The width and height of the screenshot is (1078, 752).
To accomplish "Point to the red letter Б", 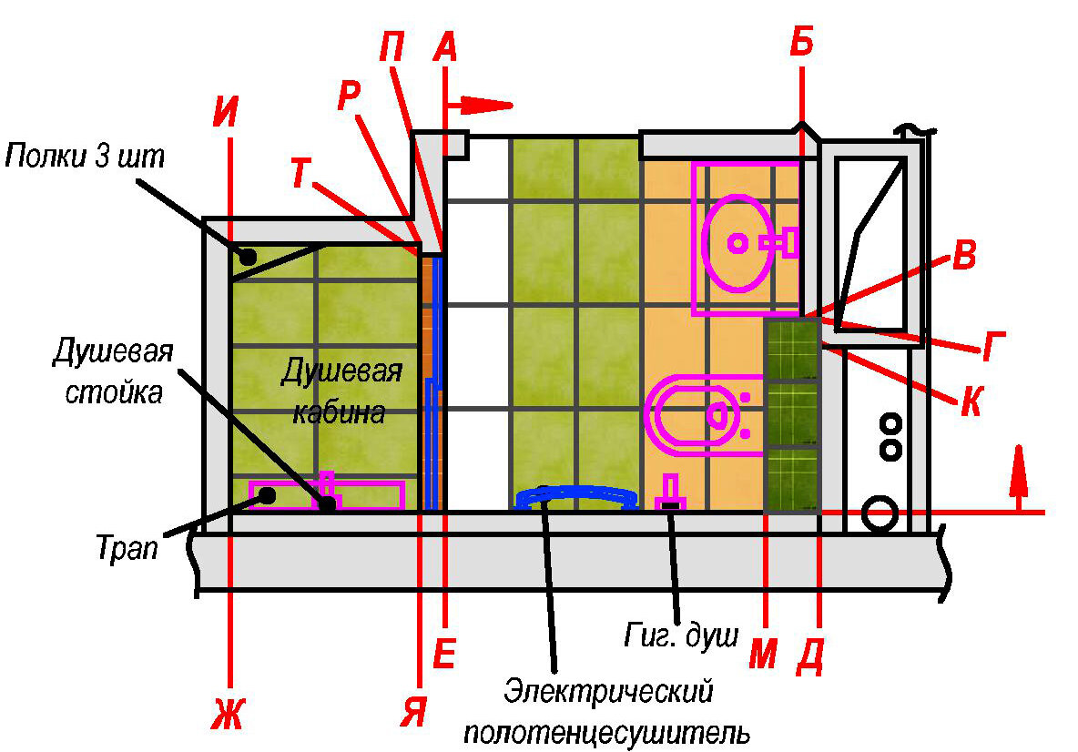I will click(x=801, y=42).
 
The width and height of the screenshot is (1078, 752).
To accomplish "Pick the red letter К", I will click(x=971, y=401).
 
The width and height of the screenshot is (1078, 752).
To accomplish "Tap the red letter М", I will click(x=763, y=654).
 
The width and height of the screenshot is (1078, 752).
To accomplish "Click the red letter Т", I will click(x=303, y=172).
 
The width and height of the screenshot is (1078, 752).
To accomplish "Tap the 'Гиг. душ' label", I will click(x=681, y=635).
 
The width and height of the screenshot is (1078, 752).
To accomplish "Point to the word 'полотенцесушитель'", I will click(x=607, y=731).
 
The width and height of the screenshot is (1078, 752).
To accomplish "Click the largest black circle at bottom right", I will click(x=879, y=514).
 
